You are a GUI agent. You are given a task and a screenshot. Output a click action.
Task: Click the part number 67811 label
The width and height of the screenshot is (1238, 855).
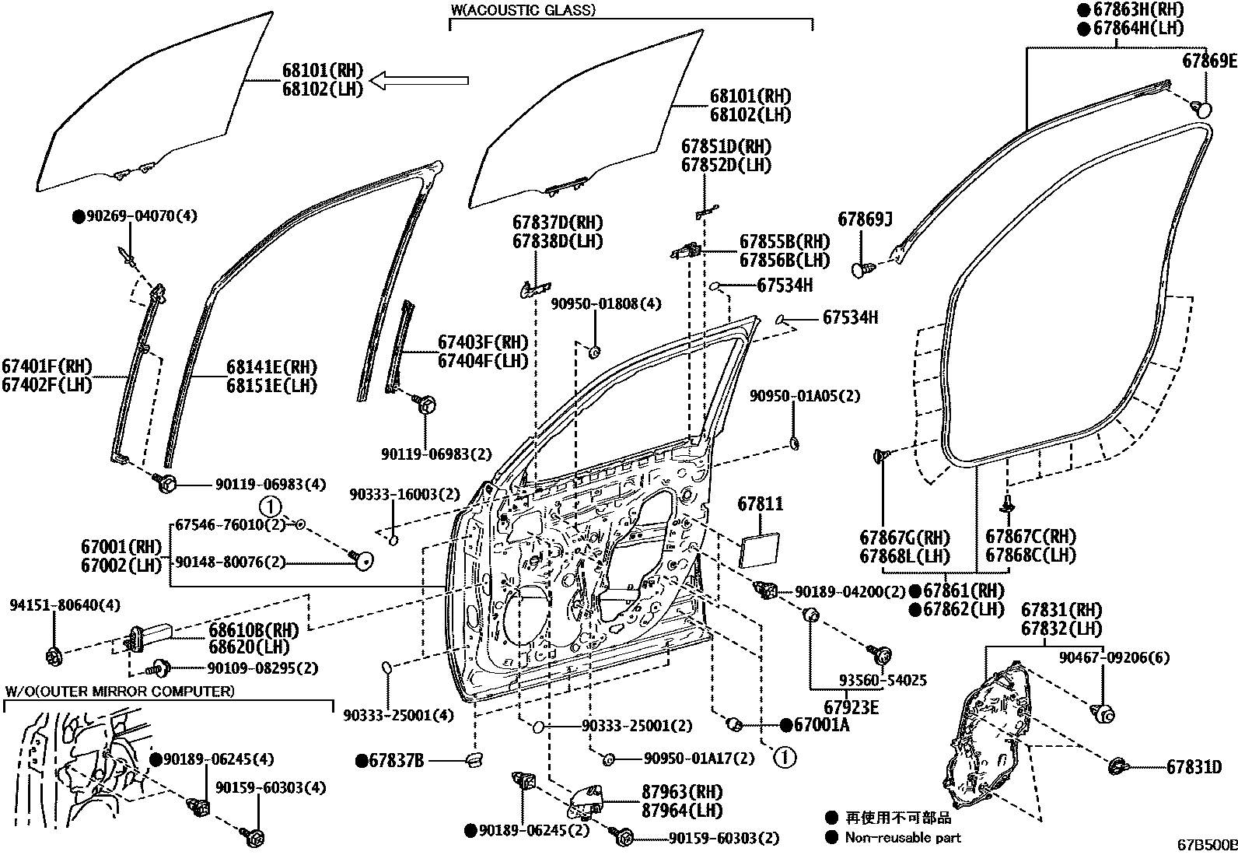[x=761, y=504]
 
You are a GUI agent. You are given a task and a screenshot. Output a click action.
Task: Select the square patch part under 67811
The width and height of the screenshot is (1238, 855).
[x=760, y=551]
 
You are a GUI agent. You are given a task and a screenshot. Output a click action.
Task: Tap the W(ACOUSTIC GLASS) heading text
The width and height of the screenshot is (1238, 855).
[x=523, y=10]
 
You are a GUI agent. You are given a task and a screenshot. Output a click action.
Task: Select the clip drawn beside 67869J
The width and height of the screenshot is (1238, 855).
[x=862, y=270]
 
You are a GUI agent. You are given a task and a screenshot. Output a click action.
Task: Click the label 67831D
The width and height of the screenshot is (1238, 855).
[x=1194, y=767]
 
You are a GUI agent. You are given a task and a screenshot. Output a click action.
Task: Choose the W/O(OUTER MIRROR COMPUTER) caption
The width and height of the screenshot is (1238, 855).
[x=120, y=691]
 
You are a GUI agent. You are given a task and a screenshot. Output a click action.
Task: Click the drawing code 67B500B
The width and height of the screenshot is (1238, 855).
[x=1206, y=844]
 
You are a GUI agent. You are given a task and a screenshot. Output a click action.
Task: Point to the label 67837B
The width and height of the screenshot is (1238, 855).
[x=396, y=760]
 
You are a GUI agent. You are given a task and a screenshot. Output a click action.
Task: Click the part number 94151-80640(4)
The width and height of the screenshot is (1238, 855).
[x=54, y=604]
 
